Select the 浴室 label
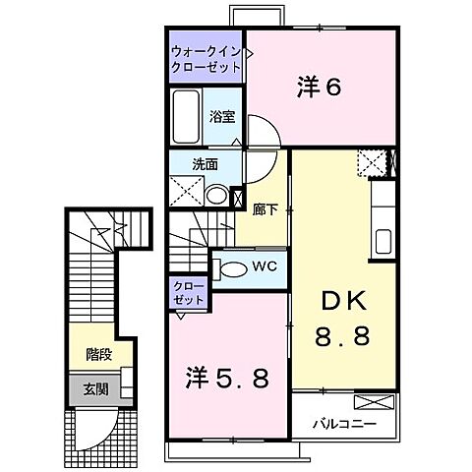click(x=220, y=116)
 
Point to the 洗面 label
click(x=205, y=164)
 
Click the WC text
click(x=265, y=265)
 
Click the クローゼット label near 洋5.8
click(x=187, y=292)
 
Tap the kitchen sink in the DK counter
click(x=383, y=238)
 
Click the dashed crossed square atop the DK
click(x=371, y=161)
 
